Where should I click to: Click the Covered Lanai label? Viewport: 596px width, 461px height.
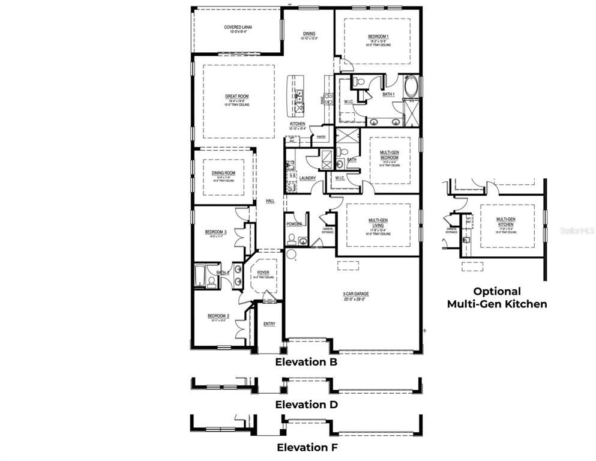click(237, 28)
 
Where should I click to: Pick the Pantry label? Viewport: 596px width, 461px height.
click(321, 137)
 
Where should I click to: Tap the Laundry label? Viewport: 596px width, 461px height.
click(307, 178)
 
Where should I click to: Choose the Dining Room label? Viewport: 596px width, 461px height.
click(223, 173)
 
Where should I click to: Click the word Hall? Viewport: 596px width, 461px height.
click(270, 201)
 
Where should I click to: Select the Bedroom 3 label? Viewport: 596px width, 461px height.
click(216, 232)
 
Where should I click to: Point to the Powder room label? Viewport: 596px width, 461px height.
click(294, 224)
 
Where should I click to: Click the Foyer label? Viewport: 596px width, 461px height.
click(263, 273)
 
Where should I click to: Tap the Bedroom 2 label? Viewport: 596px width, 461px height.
click(218, 316)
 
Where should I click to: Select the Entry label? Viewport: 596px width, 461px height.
click(269, 324)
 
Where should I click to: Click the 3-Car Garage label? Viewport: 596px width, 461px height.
click(355, 294)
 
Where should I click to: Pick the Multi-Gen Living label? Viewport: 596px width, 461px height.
click(381, 223)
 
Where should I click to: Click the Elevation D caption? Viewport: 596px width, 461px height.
click(306, 405)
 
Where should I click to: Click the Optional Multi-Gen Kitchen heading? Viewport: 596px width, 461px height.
click(496, 298)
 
